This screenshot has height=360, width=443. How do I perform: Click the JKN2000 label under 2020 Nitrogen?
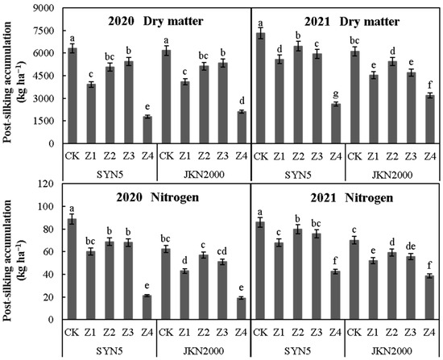[203, 350]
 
